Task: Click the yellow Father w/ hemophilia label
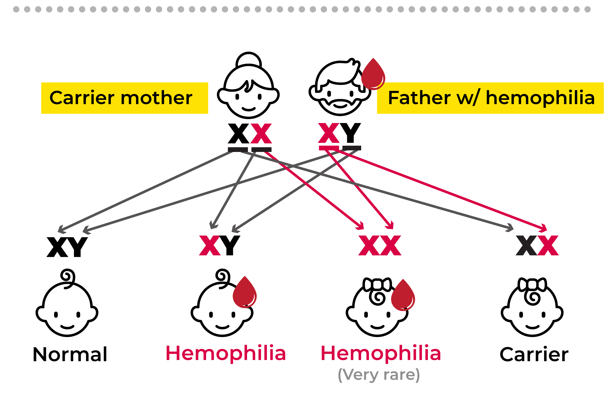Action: [490, 98]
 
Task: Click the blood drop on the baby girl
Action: [403, 295]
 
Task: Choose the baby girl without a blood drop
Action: [532, 309]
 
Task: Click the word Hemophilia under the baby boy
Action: [226, 353]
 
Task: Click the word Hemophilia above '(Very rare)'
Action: [381, 353]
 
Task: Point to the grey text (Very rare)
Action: [379, 375]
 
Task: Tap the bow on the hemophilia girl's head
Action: [377, 285]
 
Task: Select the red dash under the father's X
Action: [329, 148]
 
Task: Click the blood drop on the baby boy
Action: [245, 292]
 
